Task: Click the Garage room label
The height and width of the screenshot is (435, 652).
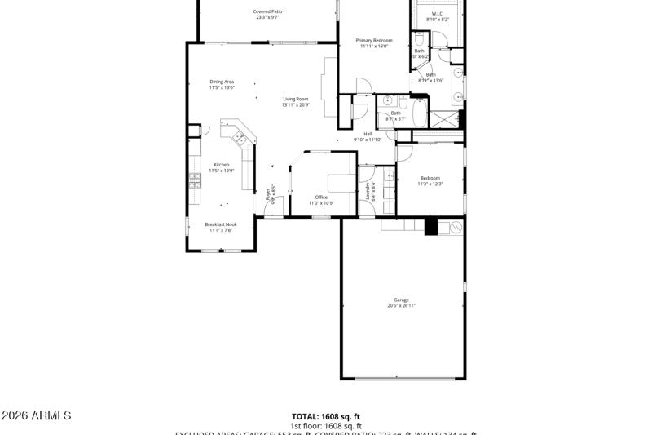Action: click(402, 300)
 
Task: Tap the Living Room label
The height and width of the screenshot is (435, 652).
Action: click(296, 99)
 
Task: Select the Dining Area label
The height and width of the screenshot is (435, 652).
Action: click(222, 82)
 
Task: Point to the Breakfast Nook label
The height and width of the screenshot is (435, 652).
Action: click(220, 224)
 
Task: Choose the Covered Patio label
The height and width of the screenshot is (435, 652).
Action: click(267, 11)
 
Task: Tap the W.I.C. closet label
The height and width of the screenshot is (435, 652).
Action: click(438, 13)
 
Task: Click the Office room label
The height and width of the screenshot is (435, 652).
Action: click(321, 197)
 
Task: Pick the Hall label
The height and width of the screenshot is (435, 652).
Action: click(368, 134)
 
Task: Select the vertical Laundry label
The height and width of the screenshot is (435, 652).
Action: click(369, 191)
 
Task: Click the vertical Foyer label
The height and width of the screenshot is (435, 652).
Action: click(267, 194)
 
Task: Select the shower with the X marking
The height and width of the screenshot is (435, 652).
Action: click(445, 119)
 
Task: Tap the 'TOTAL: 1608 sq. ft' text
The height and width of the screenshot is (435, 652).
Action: click(325, 416)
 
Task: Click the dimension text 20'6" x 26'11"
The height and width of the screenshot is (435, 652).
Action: click(402, 306)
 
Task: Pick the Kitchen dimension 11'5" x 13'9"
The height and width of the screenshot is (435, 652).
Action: click(222, 171)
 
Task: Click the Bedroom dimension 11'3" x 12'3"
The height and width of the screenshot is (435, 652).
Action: click(430, 184)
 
